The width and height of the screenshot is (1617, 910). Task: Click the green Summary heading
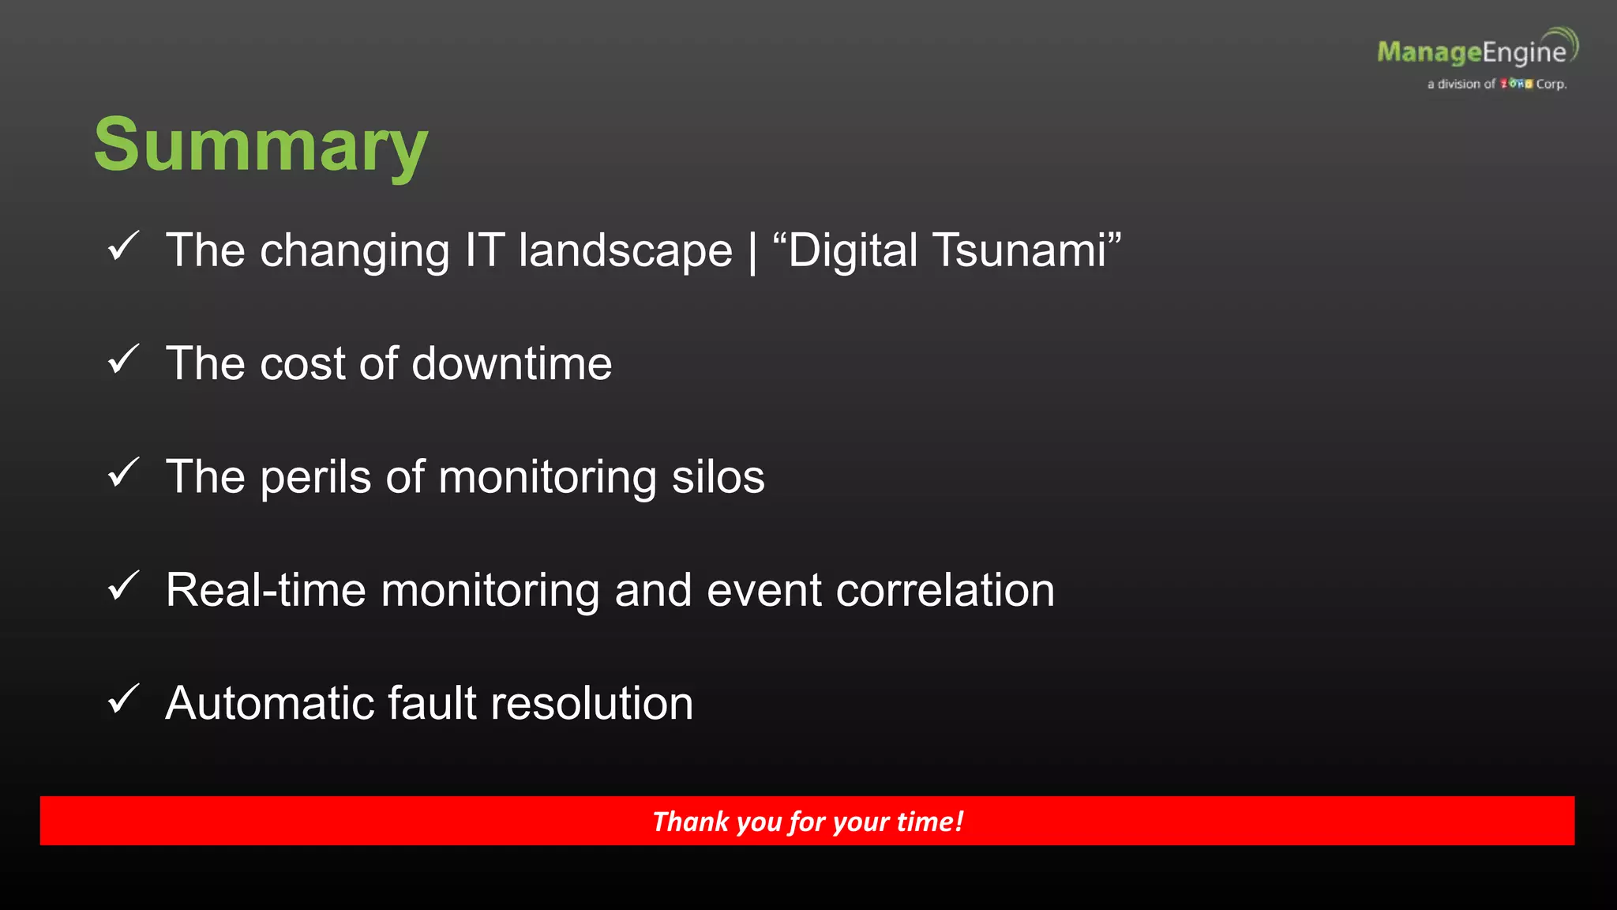(261, 145)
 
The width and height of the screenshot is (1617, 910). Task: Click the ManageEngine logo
(1473, 51)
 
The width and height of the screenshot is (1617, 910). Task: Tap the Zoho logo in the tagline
(1516, 84)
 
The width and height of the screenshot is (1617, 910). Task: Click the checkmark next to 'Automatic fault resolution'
(123, 699)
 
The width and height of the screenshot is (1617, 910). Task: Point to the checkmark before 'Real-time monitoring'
(123, 586)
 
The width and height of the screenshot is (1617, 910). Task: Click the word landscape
(625, 252)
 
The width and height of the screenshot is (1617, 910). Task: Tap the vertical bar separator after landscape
(752, 251)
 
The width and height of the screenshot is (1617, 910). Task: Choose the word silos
(718, 477)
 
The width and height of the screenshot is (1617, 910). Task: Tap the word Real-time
(266, 590)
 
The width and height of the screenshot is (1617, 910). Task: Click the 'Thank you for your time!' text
(808, 822)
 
